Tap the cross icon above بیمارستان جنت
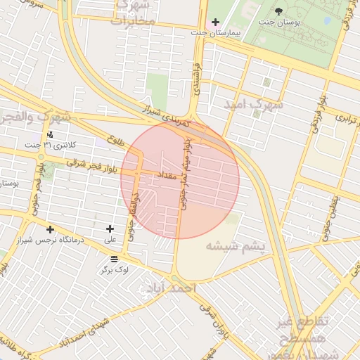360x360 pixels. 215,22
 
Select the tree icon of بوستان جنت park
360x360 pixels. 278,11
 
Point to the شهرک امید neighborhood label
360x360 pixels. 253,103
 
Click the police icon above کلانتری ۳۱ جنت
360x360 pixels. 50,134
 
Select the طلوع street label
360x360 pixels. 116,141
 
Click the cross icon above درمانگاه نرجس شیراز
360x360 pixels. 50,229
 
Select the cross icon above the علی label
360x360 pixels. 110,229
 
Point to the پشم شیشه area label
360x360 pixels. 236,246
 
